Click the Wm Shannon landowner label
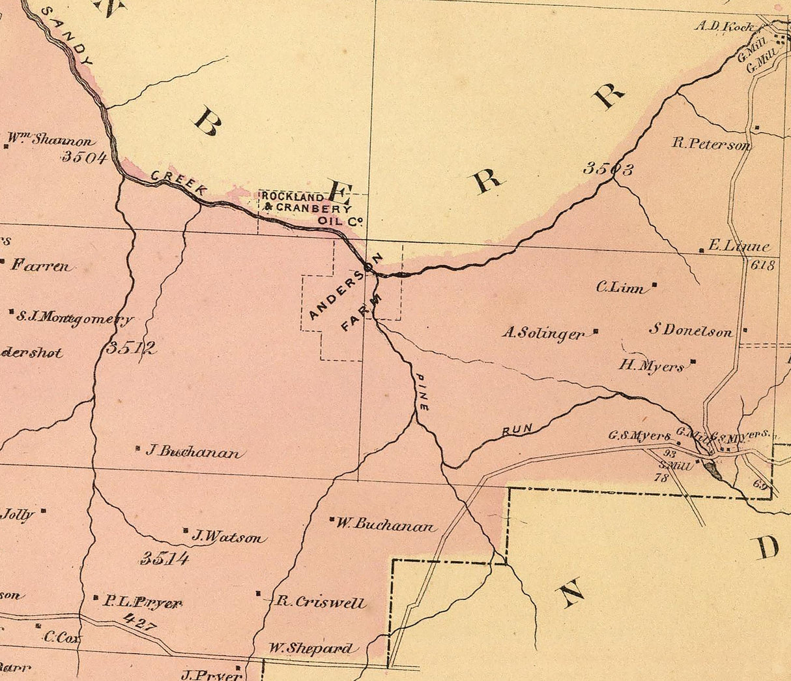51,140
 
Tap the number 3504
84,157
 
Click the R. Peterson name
712,144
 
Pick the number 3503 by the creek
608,170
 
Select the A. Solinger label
543,333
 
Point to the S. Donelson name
691,331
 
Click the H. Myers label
652,366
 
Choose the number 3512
131,348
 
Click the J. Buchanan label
192,451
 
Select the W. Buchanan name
386,525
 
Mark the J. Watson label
229,537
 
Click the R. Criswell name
319,601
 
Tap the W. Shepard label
312,648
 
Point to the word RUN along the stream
517,429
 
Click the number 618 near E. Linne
763,265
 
